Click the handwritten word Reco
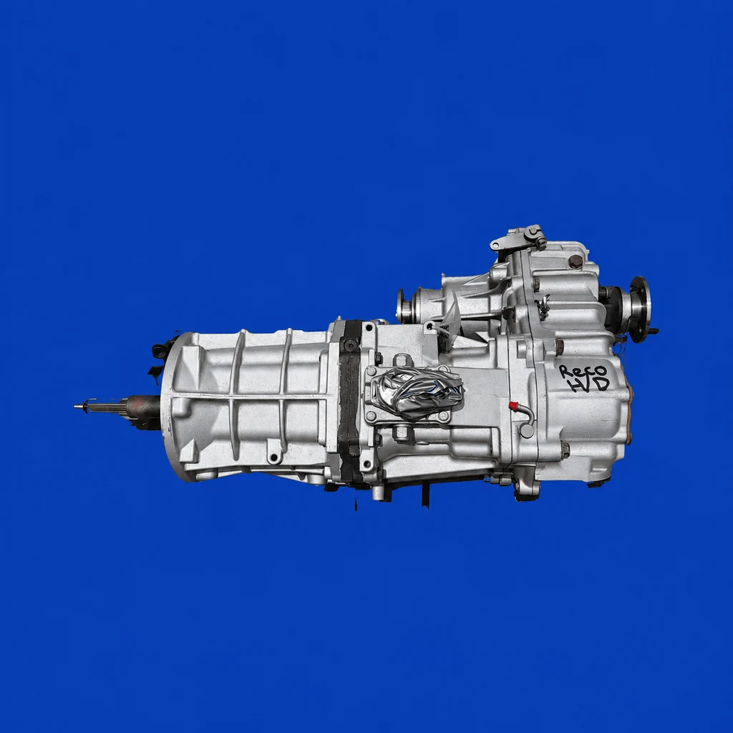point(583,372)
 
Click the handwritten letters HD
point(588,384)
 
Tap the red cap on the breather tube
point(514,406)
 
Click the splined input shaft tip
point(100,407)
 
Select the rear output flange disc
point(640,309)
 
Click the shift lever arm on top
point(518,238)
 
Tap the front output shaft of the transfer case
point(405,306)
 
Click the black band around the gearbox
point(349,400)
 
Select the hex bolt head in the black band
point(350,345)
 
